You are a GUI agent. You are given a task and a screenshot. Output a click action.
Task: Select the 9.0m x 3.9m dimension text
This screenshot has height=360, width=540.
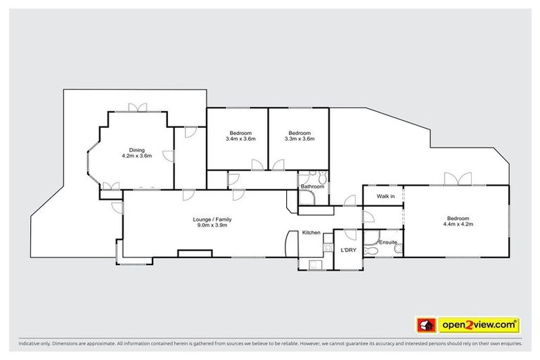[212, 226]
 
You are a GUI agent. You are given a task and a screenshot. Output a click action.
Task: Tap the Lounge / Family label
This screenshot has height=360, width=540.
[212, 219]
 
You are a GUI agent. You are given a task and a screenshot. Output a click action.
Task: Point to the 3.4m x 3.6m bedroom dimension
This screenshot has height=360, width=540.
[240, 139]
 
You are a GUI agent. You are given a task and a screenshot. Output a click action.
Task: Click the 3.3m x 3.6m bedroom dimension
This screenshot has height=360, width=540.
[300, 139]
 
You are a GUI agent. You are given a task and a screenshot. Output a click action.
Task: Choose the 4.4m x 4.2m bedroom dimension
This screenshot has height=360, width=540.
[458, 224]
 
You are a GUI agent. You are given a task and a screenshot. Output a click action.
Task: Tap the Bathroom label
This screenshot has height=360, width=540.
[312, 186]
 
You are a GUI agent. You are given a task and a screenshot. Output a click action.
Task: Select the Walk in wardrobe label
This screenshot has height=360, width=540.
[385, 196]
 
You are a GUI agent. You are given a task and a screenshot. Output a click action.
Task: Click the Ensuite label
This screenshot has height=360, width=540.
[387, 243]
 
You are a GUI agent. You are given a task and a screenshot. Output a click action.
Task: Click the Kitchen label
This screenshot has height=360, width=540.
[311, 232]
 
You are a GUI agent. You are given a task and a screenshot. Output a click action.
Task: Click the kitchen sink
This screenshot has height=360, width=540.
[313, 265]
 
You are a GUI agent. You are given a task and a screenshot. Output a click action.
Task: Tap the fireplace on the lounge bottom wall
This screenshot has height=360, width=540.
[189, 252]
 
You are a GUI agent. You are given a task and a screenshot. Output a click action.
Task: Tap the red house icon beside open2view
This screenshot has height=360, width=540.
[425, 324]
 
